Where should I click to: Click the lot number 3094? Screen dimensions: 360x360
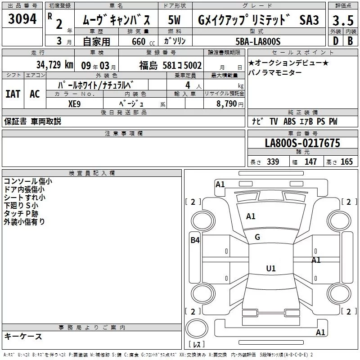coord(22,18)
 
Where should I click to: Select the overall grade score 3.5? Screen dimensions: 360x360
coord(343,20)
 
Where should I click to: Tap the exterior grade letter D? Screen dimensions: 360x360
coord(336,41)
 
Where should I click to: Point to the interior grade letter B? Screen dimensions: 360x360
coord(350,41)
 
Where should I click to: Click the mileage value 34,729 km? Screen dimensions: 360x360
coord(55,65)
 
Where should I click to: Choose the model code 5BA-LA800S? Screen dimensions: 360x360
coord(258,41)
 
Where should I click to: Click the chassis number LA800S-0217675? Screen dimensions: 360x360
coord(302,143)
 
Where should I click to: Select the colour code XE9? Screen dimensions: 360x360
coord(74,104)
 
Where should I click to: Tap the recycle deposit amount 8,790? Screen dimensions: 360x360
coord(227,103)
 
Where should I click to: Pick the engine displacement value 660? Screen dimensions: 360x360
coord(139,41)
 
